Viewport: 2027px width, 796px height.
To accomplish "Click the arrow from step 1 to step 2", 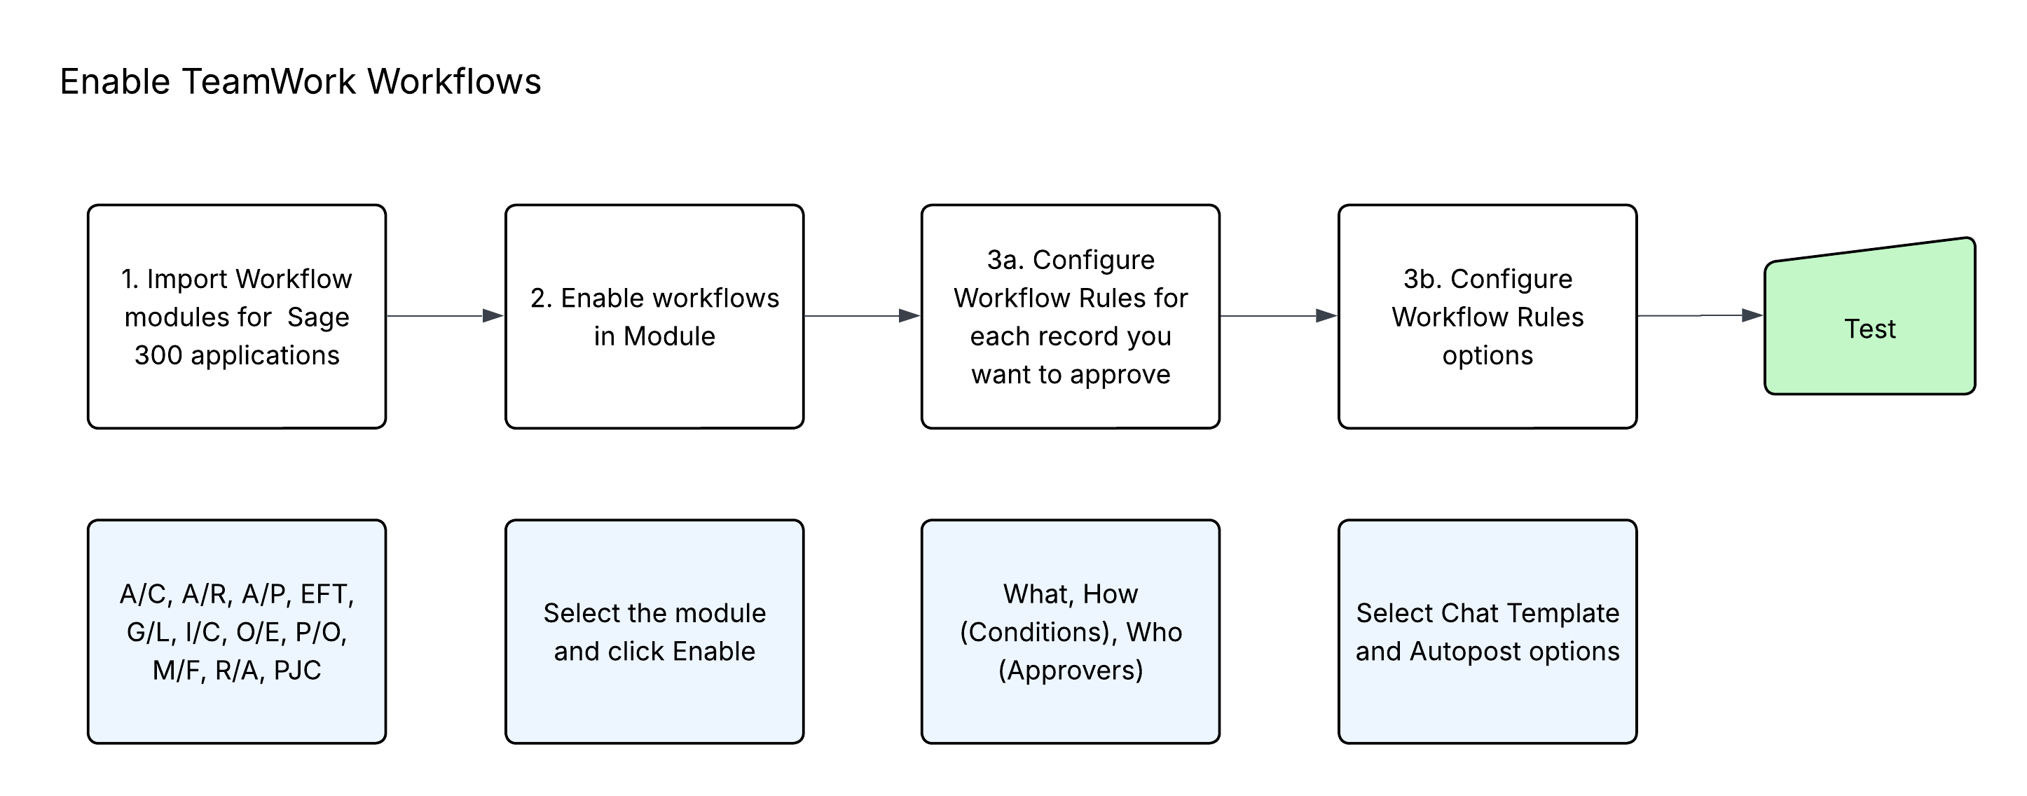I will point(446,316).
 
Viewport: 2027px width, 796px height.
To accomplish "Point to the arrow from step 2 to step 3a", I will point(862,316).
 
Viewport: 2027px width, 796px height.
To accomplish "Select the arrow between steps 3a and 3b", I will point(1279,316).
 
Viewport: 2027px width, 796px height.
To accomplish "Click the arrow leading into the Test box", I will point(1700,316).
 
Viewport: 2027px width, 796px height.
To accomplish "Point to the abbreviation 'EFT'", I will point(327,595).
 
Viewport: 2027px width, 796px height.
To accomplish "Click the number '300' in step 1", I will point(158,355).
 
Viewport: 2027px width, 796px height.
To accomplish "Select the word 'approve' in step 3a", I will point(1120,375).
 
